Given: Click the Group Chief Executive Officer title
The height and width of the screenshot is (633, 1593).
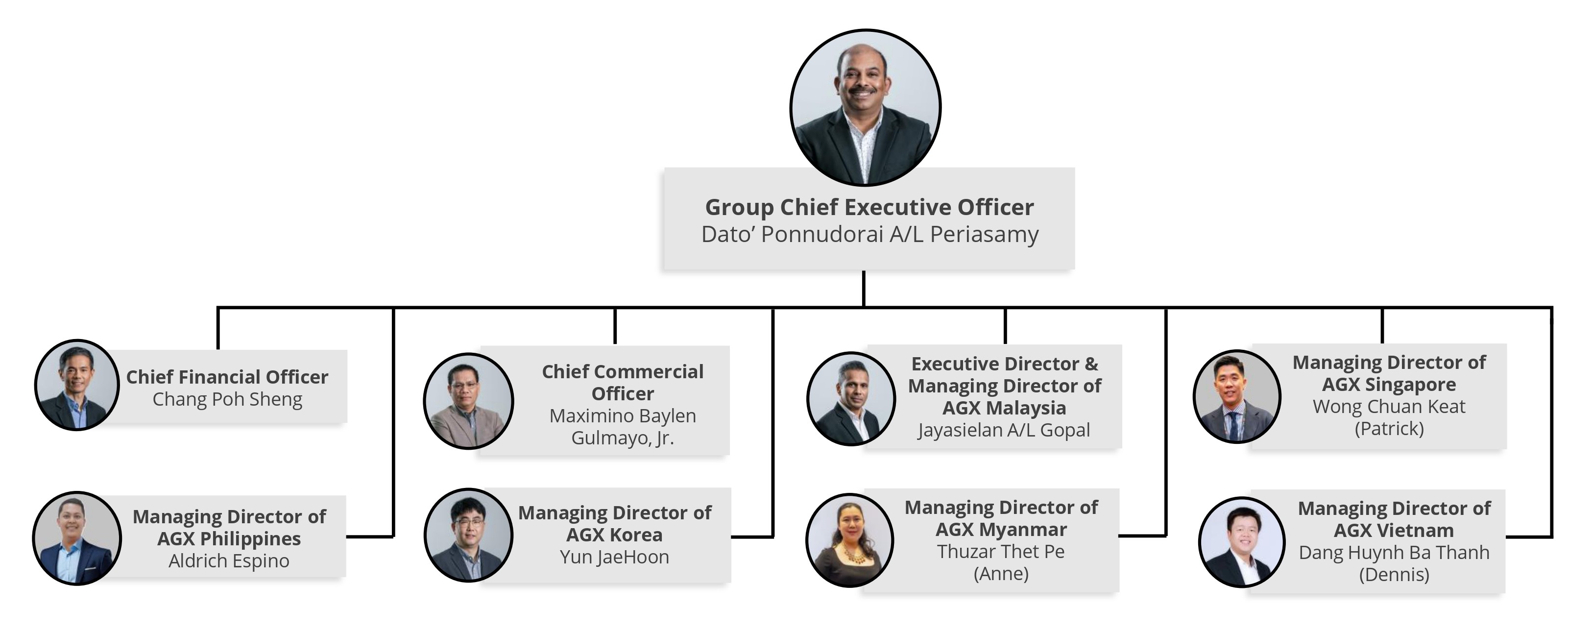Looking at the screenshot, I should tap(869, 207).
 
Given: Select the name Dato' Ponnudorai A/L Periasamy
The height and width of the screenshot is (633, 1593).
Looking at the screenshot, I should tap(869, 235).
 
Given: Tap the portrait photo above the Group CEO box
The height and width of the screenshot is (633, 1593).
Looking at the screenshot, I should tap(865, 107).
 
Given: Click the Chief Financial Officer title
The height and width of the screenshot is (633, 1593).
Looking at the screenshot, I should tap(227, 377).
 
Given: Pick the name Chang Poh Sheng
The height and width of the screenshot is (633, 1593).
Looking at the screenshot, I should tap(227, 399).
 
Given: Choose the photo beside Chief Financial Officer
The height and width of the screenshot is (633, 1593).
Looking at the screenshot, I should tap(77, 385).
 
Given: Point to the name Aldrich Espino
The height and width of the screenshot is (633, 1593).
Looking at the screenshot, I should tap(229, 560).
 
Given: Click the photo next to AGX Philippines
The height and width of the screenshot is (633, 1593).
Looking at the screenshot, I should tap(77, 538).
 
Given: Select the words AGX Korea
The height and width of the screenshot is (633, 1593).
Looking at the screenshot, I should tap(614, 535).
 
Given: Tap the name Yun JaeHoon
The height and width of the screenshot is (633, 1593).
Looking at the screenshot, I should tap(614, 557).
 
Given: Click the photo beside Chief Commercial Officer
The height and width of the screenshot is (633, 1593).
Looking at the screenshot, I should tap(468, 401).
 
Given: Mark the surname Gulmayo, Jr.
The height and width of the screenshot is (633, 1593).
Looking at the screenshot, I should tap(622, 438).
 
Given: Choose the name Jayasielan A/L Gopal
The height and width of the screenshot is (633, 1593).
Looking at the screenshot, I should tap(1004, 430).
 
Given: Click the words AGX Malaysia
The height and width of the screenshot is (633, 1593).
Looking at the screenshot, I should tap(1004, 408).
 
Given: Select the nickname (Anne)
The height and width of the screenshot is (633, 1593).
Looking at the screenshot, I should tap(1001, 574).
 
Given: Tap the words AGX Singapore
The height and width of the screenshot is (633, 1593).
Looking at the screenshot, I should tap(1389, 384).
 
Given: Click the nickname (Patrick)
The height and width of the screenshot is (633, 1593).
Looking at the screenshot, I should tap(1389, 428).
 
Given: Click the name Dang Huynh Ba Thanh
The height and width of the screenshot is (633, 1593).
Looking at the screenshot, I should tap(1394, 553).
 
